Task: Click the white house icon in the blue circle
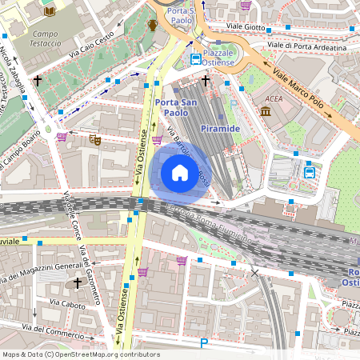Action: [x=180, y=173]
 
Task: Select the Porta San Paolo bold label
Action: [x=177, y=106]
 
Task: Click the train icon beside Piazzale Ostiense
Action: [x=196, y=59]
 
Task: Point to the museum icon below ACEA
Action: [x=266, y=111]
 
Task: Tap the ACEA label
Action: [x=272, y=100]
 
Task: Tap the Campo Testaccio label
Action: [x=50, y=40]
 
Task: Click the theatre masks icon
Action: [x=95, y=139]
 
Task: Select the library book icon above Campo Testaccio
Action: [x=50, y=11]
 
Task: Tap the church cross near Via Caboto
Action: [x=78, y=282]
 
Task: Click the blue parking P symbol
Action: [x=204, y=344]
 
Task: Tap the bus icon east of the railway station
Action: [x=309, y=170]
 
